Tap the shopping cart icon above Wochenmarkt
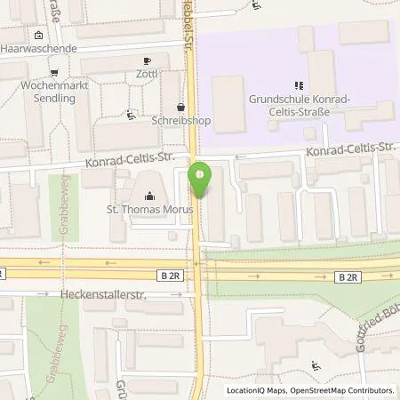54,74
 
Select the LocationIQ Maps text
256,390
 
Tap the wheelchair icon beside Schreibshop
132,113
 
